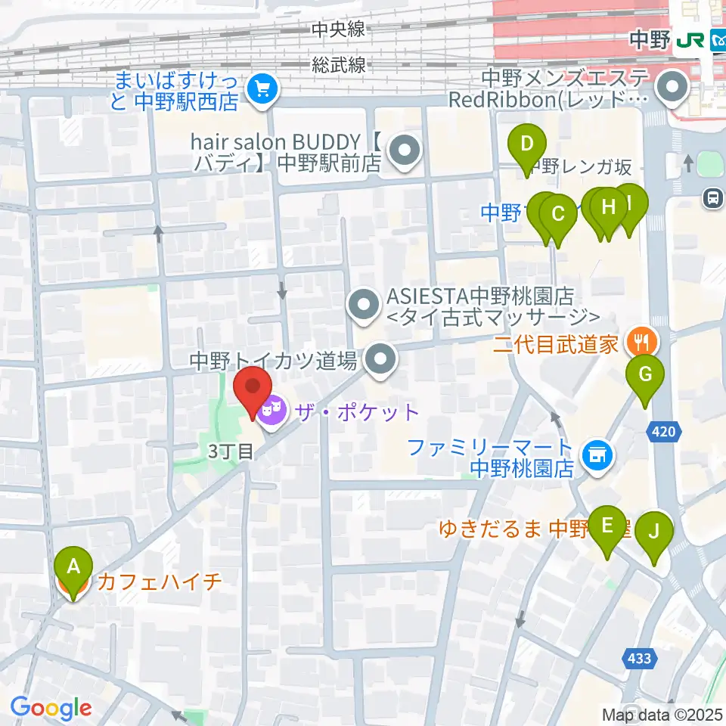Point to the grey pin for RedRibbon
click(671, 89)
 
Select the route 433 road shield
click(639, 659)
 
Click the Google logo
click(51, 708)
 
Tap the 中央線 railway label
click(338, 29)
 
